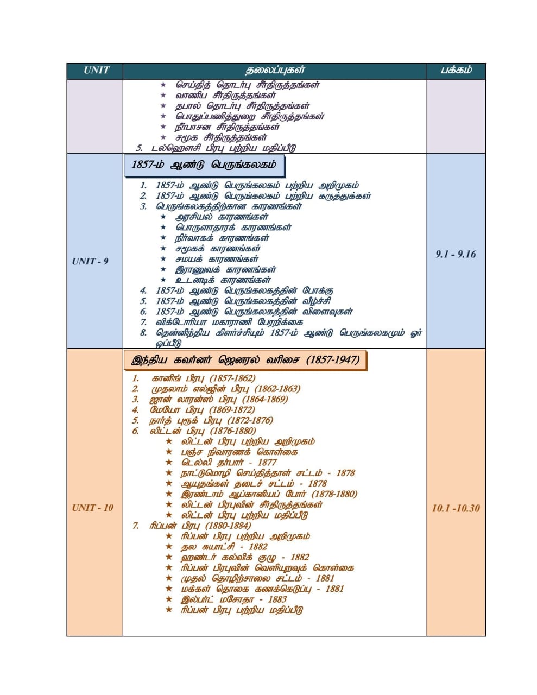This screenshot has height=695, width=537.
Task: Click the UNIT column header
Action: pos(96,71)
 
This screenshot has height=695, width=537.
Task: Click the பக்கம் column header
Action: pos(456,71)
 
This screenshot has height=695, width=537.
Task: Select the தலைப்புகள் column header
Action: pos(275,71)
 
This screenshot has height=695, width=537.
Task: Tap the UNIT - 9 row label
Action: pos(90,261)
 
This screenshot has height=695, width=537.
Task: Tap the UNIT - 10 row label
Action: pos(93,508)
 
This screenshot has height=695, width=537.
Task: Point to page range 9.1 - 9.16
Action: pos(456,254)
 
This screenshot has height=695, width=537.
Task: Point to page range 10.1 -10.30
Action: pos(456,508)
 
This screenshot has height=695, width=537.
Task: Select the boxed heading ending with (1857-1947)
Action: pos(245,360)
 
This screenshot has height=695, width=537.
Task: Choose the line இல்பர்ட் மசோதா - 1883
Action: pos(233,599)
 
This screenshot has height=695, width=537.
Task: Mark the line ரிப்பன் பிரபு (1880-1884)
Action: pos(200,525)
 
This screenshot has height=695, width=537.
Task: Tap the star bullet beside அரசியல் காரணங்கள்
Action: pos(163,217)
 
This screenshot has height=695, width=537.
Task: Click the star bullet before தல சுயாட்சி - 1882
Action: pos(169,547)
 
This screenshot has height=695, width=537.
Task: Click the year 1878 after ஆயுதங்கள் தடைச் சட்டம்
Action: pos(318,483)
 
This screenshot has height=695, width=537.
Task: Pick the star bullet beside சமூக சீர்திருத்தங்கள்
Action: pos(163,137)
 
